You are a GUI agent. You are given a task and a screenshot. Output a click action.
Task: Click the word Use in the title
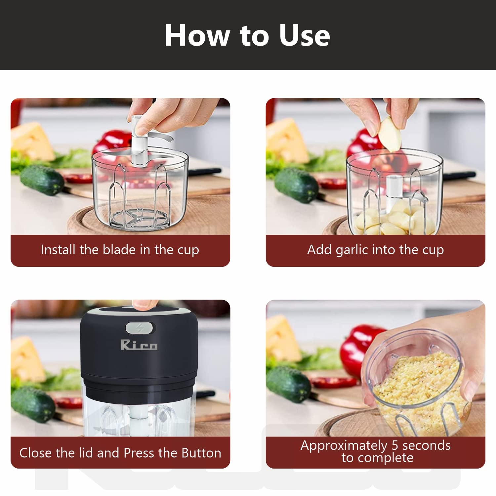point(304,35)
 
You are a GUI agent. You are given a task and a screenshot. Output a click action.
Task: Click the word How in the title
point(197,35)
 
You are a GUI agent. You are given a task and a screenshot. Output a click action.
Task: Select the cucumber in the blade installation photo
point(42,180)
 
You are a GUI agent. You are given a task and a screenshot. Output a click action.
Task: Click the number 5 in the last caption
point(395,445)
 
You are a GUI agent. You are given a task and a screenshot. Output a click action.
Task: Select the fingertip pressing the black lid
point(144,304)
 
